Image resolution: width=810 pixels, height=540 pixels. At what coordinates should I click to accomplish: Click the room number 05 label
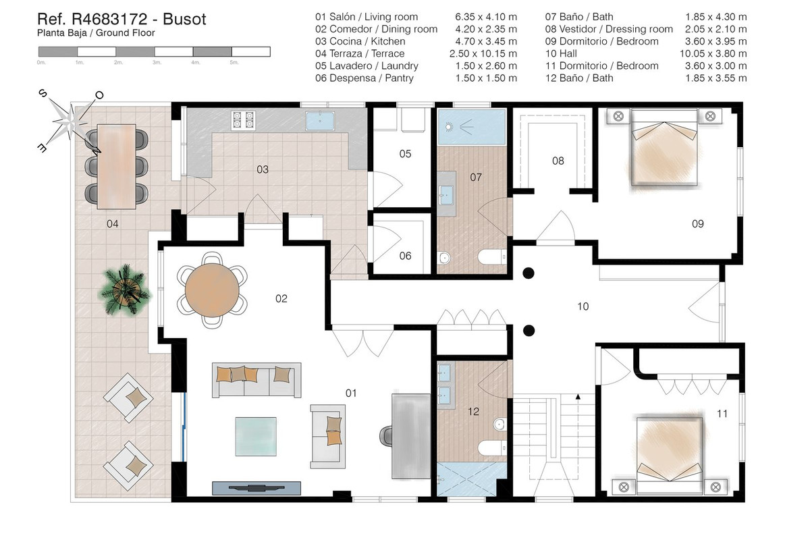[x=404, y=154]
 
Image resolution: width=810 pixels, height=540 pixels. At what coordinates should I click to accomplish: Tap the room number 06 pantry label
[x=404, y=256]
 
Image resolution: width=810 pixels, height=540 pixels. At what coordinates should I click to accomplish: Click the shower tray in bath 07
[x=471, y=128]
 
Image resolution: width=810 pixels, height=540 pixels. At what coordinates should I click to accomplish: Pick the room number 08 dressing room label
[x=558, y=161]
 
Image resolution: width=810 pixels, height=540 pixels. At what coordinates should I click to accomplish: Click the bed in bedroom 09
[x=663, y=148]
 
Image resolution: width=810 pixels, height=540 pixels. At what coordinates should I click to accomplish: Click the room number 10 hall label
[x=583, y=306]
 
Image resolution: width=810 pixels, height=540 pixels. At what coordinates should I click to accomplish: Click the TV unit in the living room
[x=256, y=487]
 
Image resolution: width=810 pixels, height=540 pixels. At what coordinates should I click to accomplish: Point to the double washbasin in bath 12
[x=446, y=382]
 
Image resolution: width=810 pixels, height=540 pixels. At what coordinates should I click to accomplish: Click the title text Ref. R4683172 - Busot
[x=121, y=19]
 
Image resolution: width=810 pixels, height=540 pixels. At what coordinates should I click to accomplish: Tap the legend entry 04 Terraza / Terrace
[x=360, y=53]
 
